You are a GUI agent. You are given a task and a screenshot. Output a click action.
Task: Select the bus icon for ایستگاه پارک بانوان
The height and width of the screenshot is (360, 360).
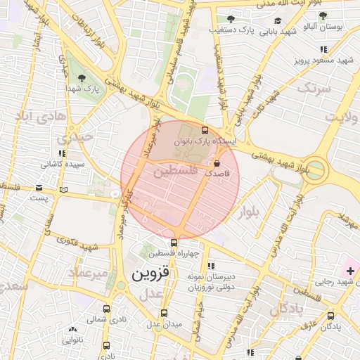point(205,130)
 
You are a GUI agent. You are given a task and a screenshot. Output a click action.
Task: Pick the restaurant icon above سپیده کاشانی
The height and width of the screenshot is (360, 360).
point(63,153)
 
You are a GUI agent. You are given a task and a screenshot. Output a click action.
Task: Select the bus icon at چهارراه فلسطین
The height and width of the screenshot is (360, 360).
point(174,243)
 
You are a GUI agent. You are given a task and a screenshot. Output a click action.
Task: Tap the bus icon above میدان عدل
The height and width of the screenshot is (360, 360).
point(164,313)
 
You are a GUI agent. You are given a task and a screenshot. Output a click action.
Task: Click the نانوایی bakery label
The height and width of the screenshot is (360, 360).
point(72,340)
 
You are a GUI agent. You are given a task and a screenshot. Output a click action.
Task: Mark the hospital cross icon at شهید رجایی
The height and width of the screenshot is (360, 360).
point(350,271)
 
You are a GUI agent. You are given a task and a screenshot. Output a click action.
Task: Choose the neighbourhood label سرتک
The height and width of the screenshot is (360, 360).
point(314,89)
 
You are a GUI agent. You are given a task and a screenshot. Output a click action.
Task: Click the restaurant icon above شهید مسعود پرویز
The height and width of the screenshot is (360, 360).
point(323,49)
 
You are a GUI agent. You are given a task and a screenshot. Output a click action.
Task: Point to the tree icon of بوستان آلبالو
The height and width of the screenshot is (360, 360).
point(323,15)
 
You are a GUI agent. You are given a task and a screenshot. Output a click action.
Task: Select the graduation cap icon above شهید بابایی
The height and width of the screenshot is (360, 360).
point(278,21)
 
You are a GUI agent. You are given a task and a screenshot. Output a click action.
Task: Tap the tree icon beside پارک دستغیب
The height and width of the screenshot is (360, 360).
point(230,19)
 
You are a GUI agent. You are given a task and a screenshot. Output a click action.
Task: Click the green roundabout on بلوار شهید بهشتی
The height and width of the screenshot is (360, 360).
point(315,170)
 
